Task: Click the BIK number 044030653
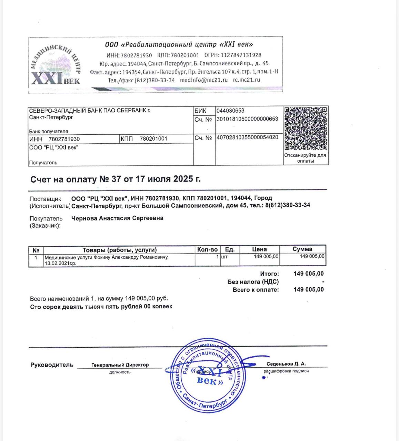[230, 111]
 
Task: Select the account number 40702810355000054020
[247, 137]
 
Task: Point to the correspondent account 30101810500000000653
[247, 119]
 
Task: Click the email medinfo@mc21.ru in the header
[204, 80]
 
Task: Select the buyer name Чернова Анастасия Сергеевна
[117, 218]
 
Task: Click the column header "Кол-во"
[207, 249]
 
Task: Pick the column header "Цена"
[259, 249]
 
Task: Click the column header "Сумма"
[302, 249]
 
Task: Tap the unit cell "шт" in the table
[224, 257]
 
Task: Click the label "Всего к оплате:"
[256, 290]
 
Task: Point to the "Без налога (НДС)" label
[253, 282]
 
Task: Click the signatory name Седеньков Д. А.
[286, 364]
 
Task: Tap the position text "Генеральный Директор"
[120, 365]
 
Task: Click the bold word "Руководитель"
[52, 365]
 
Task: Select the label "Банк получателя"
[49, 131]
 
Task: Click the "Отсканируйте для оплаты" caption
[305, 158]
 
